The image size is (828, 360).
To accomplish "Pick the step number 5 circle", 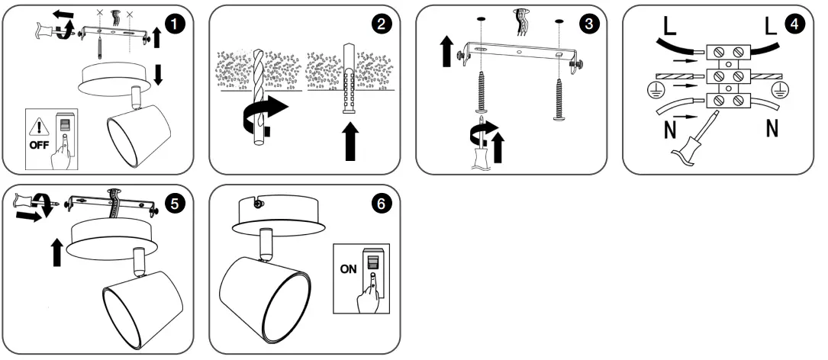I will tap(176, 204).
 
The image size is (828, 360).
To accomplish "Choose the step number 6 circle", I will tap(383, 204).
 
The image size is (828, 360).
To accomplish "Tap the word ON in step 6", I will tap(349, 268).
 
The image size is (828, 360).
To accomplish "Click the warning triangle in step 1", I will tap(36, 125).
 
